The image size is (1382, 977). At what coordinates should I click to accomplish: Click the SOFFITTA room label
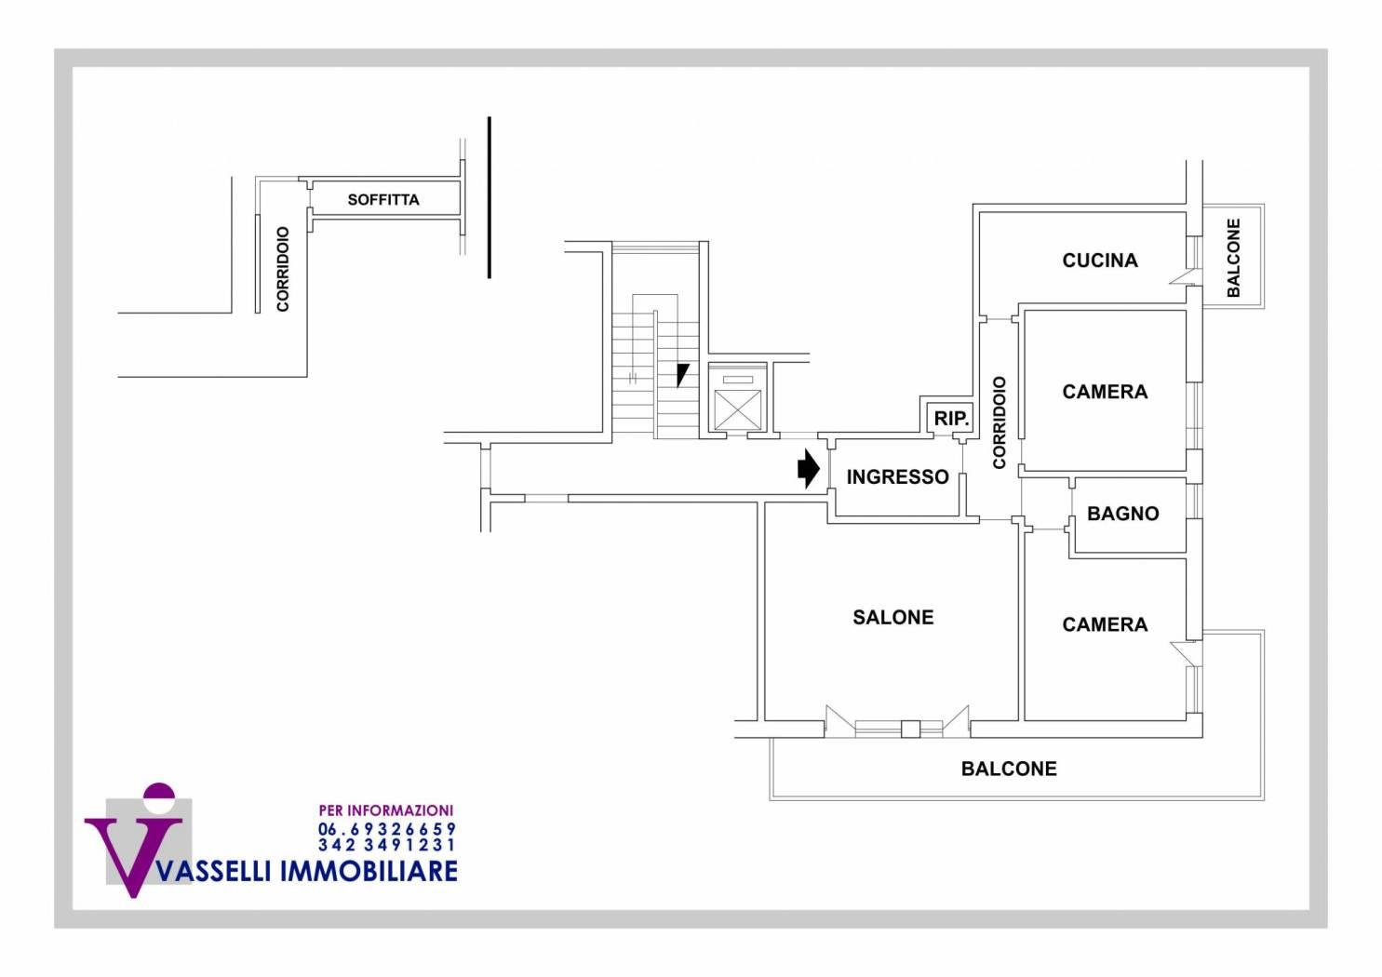383,200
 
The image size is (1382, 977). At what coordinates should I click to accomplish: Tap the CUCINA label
1100,261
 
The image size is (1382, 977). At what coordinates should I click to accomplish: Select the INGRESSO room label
897,477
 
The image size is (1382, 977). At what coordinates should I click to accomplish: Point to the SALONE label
893,618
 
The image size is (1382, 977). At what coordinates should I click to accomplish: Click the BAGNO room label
1122,514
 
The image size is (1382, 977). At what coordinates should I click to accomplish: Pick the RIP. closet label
951,420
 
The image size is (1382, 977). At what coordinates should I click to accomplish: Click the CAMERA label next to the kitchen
1105,392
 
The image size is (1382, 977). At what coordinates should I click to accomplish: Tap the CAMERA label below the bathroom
1105,625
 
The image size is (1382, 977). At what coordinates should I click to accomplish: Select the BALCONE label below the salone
1009,770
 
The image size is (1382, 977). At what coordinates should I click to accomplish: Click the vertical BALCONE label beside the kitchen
1234,258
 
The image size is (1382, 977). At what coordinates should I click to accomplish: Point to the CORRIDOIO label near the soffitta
283,269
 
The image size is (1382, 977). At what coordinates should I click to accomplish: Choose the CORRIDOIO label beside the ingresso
1000,422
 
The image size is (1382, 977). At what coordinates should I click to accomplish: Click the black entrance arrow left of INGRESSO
808,470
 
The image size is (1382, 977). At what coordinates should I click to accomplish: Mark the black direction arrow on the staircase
683,374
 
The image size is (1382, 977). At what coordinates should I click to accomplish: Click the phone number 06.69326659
387,829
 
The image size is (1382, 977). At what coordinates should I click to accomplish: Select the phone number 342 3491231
387,846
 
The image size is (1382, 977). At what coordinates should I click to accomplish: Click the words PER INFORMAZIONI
385,811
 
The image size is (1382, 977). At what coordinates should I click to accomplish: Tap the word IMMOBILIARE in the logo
369,871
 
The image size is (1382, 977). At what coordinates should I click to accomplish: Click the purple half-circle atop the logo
159,793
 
